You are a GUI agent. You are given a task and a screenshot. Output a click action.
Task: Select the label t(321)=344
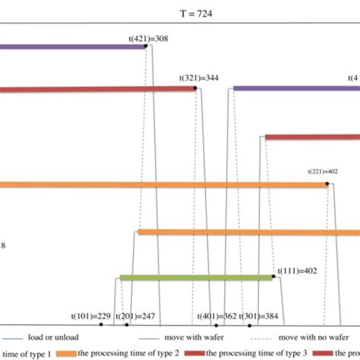click(x=200, y=77)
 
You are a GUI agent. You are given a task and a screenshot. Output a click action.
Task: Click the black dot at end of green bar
click(x=273, y=277)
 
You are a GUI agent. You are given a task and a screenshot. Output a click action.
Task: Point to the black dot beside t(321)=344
click(x=195, y=88)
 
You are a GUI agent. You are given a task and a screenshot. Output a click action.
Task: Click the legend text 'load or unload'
click(x=54, y=336)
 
